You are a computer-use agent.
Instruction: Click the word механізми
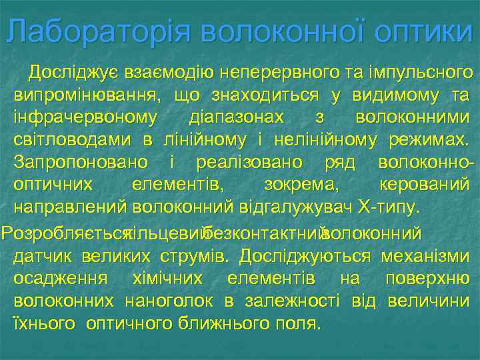425,257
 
